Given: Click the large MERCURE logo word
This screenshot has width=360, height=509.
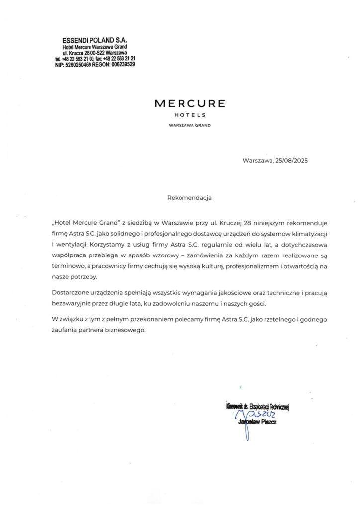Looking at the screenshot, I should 189,103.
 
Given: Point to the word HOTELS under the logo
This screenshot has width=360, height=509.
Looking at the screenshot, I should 189,115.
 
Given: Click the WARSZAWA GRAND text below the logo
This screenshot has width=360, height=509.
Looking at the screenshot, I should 189,125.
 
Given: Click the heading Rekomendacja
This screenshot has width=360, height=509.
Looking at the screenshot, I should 189,197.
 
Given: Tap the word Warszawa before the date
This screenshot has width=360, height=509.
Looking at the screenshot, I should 257,160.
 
